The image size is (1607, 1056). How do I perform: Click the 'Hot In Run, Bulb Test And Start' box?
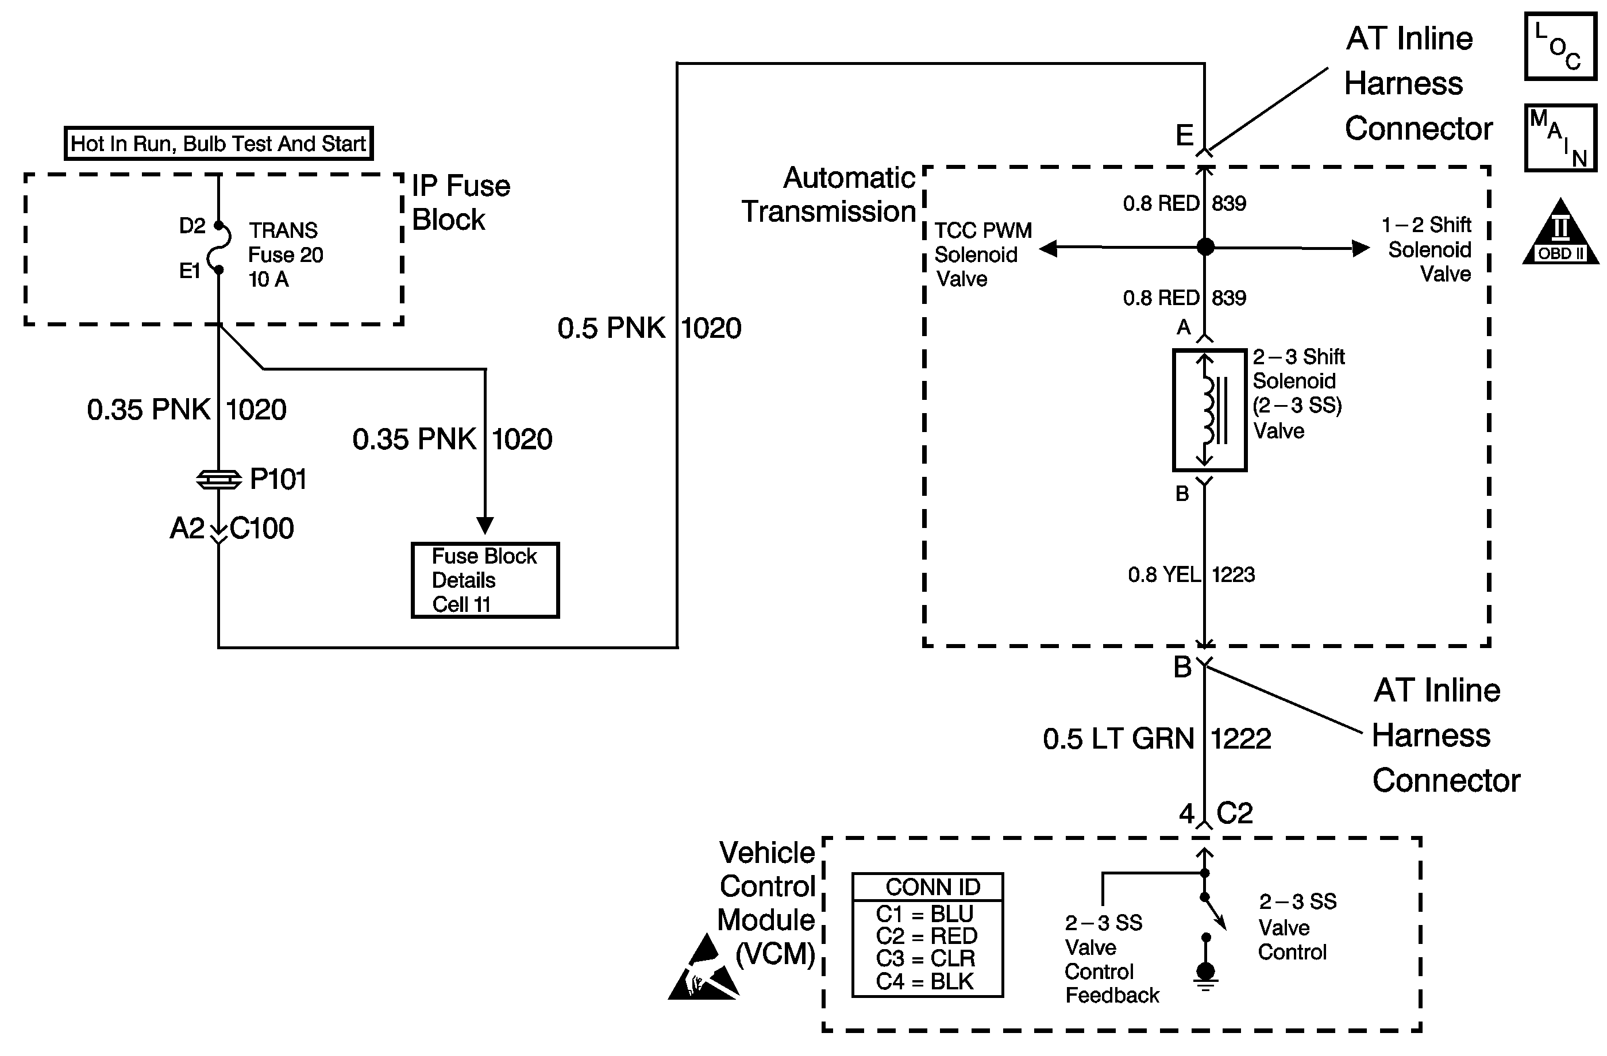click(218, 143)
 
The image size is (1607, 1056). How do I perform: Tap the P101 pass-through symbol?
click(219, 479)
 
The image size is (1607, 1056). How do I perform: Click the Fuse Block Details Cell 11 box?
click(485, 580)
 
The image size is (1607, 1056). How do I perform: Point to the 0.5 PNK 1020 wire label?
click(649, 328)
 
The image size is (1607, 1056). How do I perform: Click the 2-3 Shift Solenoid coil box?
click(1209, 410)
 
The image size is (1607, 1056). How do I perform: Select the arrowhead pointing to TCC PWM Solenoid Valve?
click(1049, 248)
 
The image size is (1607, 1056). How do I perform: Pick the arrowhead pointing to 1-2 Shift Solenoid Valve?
click(1360, 248)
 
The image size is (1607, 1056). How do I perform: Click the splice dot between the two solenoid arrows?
click(1205, 247)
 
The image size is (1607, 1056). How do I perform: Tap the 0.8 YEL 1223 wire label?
click(1191, 575)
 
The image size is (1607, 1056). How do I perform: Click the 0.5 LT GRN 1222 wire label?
click(1157, 739)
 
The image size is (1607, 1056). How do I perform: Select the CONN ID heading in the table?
click(932, 887)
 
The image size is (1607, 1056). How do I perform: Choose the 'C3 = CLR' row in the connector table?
click(925, 958)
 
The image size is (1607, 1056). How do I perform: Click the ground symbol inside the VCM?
click(1205, 976)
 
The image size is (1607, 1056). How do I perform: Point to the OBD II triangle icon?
click(1560, 233)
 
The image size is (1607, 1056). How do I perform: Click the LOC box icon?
click(1560, 46)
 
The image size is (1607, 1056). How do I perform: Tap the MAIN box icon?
click(1560, 138)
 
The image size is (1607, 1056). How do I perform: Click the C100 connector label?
click(262, 529)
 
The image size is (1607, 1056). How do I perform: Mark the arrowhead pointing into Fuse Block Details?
click(485, 525)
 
